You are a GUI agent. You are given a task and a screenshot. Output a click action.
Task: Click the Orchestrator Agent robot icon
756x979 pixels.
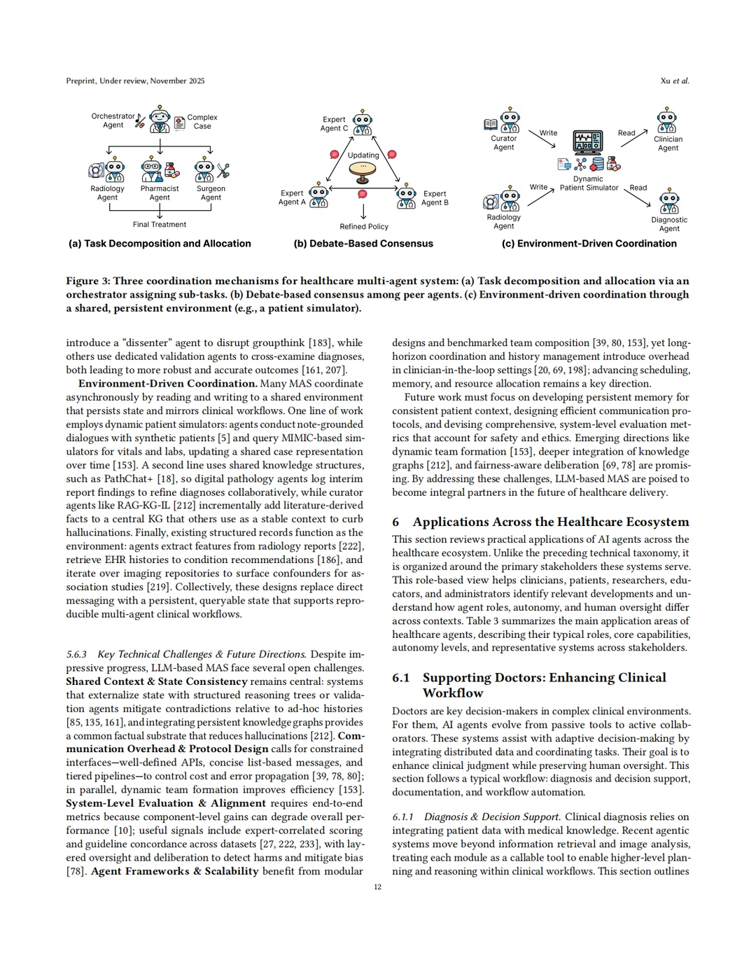pyautogui.click(x=160, y=120)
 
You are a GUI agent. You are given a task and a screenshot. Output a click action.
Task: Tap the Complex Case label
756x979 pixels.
pyautogui.click(x=202, y=122)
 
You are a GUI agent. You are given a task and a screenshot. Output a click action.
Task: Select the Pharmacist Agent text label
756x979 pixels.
pyautogui.click(x=160, y=193)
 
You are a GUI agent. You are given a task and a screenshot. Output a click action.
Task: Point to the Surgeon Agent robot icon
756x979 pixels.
pyautogui.click(x=205, y=170)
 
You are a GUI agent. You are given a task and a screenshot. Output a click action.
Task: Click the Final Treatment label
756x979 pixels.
pyautogui.click(x=160, y=225)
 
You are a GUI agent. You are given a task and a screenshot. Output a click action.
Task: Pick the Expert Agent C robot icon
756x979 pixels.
pyautogui.click(x=362, y=123)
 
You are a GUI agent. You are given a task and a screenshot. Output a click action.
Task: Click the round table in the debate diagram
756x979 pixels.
pyautogui.click(x=363, y=169)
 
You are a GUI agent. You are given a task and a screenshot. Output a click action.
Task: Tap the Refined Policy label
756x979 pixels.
pyautogui.click(x=364, y=227)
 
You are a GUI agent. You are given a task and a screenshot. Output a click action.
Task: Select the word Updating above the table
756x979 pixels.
pyautogui.click(x=363, y=155)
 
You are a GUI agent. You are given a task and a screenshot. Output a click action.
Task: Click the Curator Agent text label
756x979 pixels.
pyautogui.click(x=503, y=143)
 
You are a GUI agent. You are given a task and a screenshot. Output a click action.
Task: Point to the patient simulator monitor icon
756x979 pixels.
pyautogui.click(x=588, y=141)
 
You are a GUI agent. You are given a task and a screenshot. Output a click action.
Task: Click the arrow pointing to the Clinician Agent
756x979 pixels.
pyautogui.click(x=633, y=137)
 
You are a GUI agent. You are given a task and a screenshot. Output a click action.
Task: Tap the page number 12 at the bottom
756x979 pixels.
pyautogui.click(x=377, y=887)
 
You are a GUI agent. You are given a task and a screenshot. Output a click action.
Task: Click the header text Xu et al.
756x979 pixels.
pyautogui.click(x=675, y=81)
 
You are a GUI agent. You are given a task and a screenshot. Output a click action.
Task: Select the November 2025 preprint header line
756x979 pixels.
pyautogui.click(x=135, y=81)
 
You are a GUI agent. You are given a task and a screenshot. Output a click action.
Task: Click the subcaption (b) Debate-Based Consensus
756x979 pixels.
pyautogui.click(x=363, y=244)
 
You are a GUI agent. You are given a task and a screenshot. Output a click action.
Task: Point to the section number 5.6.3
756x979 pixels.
pyautogui.click(x=76, y=654)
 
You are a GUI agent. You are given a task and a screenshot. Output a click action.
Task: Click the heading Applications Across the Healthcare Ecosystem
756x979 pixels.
pyautogui.click(x=550, y=522)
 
